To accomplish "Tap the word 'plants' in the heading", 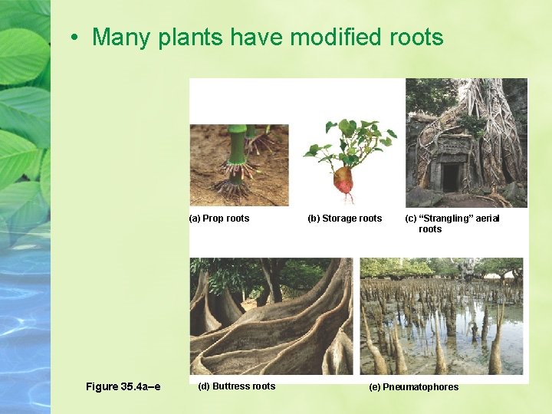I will click(x=187, y=37).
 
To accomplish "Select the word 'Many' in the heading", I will click(x=121, y=37).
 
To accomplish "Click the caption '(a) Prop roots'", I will click(x=219, y=219).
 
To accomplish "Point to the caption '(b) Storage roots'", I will click(x=344, y=219).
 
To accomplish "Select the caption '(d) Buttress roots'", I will click(x=236, y=386).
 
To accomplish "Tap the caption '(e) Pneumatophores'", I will click(x=413, y=387).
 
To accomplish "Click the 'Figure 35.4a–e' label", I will click(x=123, y=386).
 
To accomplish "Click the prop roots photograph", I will click(x=238, y=165).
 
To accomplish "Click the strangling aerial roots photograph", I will click(x=466, y=143).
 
